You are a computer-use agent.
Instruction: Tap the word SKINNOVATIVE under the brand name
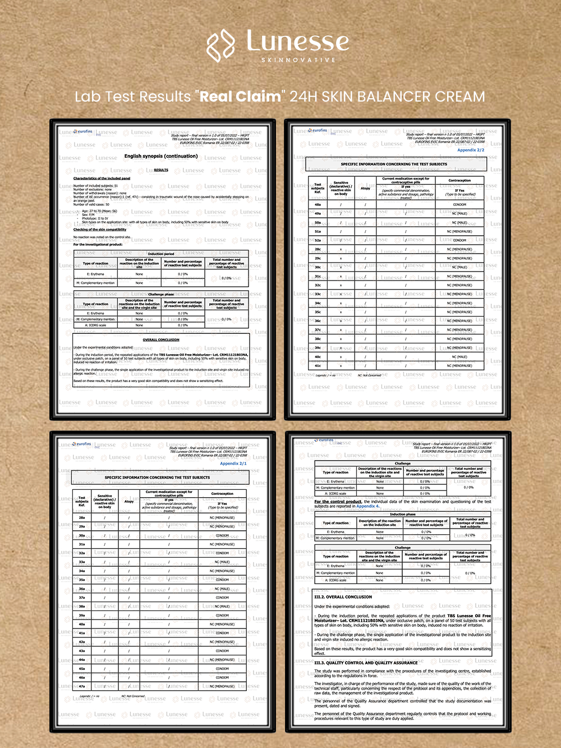coord(298,60)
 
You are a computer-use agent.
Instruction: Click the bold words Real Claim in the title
coord(240,97)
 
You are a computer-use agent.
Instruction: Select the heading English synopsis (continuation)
coord(161,157)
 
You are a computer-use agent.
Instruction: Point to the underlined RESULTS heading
coord(161,170)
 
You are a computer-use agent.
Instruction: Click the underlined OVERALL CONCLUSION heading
coord(161,339)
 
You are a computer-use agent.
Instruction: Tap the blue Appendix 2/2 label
coord(471,150)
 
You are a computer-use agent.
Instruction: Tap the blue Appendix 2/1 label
coord(233,464)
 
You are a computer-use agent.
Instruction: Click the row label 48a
coord(318,205)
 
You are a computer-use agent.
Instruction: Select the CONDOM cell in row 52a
coord(459,240)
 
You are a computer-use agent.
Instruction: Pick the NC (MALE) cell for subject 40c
coord(459,357)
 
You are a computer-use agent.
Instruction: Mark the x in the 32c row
coord(341,285)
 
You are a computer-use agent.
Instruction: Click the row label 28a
coord(82,517)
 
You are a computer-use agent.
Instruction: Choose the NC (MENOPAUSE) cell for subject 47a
coord(222,686)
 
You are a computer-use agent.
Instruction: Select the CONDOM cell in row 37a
coord(222,598)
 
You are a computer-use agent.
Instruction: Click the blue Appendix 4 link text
coord(367,506)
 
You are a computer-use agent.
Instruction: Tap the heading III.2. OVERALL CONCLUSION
coord(343,597)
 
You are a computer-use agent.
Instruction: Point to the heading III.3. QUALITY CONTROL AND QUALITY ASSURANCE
coord(366,663)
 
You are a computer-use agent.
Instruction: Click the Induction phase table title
coord(403,514)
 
